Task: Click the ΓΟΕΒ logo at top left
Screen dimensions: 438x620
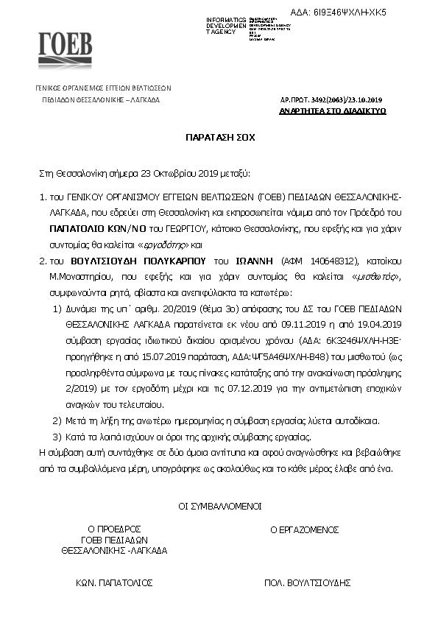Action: click(x=65, y=49)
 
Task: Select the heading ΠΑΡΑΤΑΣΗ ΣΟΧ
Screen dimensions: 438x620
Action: click(x=219, y=138)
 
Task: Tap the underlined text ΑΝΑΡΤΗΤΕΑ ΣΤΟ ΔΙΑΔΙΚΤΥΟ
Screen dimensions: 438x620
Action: click(x=333, y=110)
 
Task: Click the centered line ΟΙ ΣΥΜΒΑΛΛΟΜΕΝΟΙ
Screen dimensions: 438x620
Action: click(x=219, y=507)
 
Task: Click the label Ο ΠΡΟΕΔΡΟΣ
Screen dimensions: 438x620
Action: click(x=113, y=529)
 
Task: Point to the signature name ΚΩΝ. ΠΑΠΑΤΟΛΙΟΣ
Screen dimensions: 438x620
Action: click(x=114, y=582)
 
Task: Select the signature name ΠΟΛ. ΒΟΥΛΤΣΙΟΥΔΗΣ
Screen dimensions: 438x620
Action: click(x=306, y=582)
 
